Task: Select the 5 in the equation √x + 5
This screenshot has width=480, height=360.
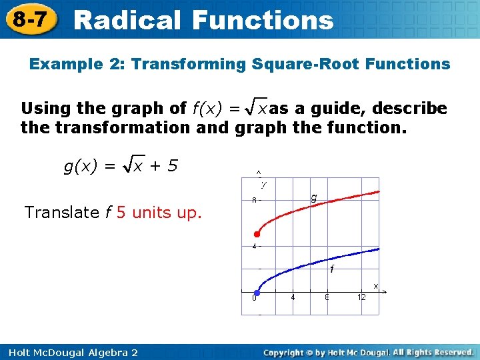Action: click(x=173, y=165)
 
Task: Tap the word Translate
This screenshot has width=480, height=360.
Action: click(x=62, y=213)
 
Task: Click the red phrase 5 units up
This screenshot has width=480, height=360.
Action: click(x=159, y=213)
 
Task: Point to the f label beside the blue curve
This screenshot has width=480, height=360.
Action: click(x=332, y=269)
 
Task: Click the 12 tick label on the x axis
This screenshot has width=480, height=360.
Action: click(x=361, y=298)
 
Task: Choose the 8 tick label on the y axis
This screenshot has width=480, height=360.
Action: click(x=253, y=200)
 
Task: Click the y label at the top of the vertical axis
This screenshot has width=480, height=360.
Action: click(x=264, y=184)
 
